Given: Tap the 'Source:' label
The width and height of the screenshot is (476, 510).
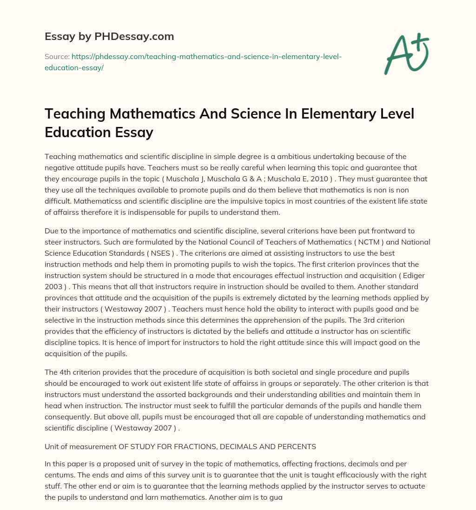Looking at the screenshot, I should [x=57, y=56].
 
